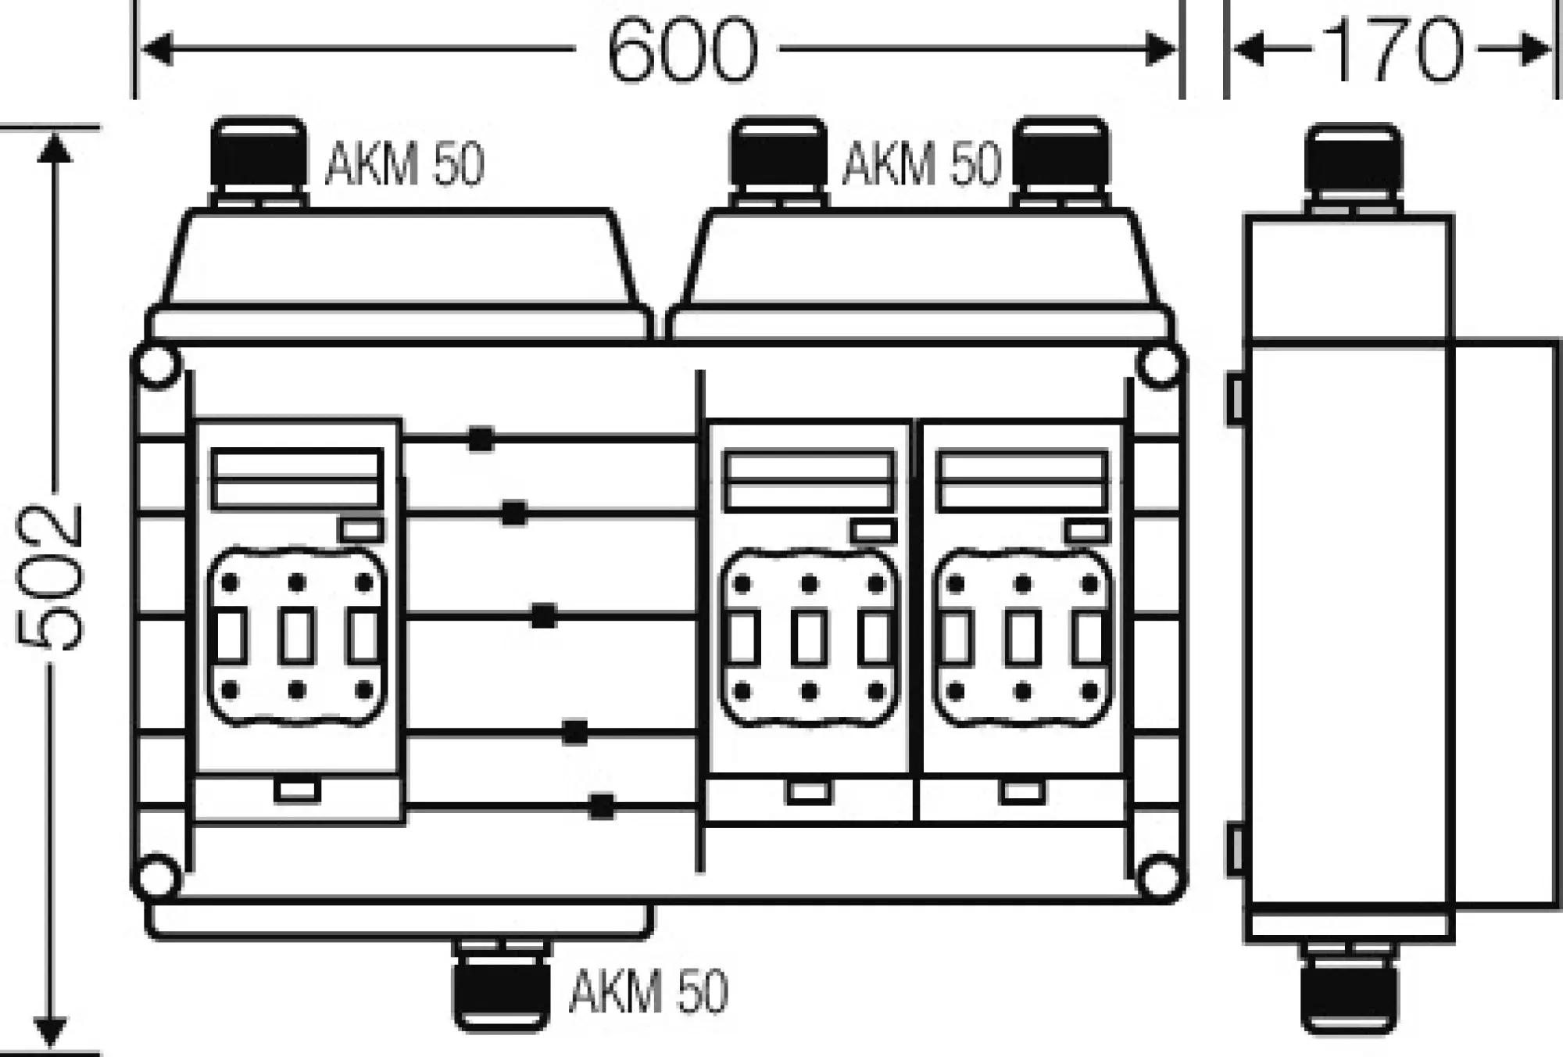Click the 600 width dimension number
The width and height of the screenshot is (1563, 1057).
pyautogui.click(x=681, y=50)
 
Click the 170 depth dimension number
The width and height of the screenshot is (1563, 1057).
pyautogui.click(x=1392, y=50)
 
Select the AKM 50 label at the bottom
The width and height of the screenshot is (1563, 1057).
pyautogui.click(x=649, y=991)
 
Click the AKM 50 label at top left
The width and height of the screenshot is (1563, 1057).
pyautogui.click(x=405, y=164)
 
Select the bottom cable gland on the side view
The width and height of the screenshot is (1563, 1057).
pyautogui.click(x=1349, y=989)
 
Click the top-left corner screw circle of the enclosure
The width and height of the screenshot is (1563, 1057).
pyautogui.click(x=158, y=366)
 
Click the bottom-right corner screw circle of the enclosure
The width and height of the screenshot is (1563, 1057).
pyautogui.click(x=1160, y=877)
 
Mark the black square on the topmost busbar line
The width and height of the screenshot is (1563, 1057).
pyautogui.click(x=481, y=439)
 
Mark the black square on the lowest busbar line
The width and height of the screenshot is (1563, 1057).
pyautogui.click(x=601, y=806)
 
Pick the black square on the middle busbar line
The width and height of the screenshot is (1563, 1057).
pyautogui.click(x=543, y=616)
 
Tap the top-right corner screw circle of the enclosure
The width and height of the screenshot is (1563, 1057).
pyautogui.click(x=1160, y=366)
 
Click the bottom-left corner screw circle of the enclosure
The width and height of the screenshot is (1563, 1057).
pyautogui.click(x=158, y=877)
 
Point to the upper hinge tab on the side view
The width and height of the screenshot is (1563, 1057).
pyautogui.click(x=1235, y=400)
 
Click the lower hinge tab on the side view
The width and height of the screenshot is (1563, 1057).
pyautogui.click(x=1235, y=851)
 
